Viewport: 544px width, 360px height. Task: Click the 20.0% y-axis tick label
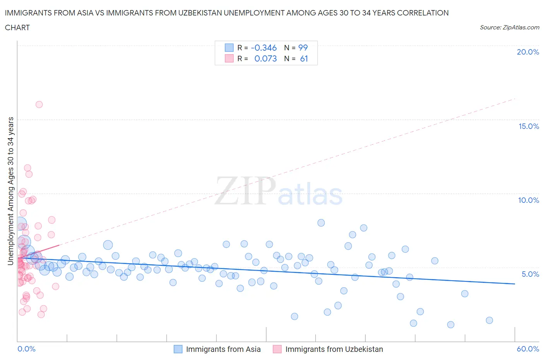[528, 52]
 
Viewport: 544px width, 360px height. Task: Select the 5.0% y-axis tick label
[530, 274]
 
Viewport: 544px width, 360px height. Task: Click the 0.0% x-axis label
[26, 349]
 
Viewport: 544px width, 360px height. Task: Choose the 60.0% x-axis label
[528, 349]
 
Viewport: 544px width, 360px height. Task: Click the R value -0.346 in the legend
[263, 48]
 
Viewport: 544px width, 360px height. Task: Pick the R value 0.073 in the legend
[265, 58]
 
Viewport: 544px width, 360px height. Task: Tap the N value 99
[303, 48]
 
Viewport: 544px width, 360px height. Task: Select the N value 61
[304, 58]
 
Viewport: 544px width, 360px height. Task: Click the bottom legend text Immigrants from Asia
[223, 349]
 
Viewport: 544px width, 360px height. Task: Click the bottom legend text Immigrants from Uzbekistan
[334, 349]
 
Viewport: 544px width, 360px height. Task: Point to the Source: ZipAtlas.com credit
[509, 27]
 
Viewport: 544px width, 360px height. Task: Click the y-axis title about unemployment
[10, 191]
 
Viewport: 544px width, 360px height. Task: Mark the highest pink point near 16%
[39, 105]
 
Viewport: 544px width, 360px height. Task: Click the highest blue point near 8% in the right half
[321, 223]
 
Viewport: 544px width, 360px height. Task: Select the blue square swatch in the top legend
[229, 48]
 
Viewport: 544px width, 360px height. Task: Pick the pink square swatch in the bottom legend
[277, 349]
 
